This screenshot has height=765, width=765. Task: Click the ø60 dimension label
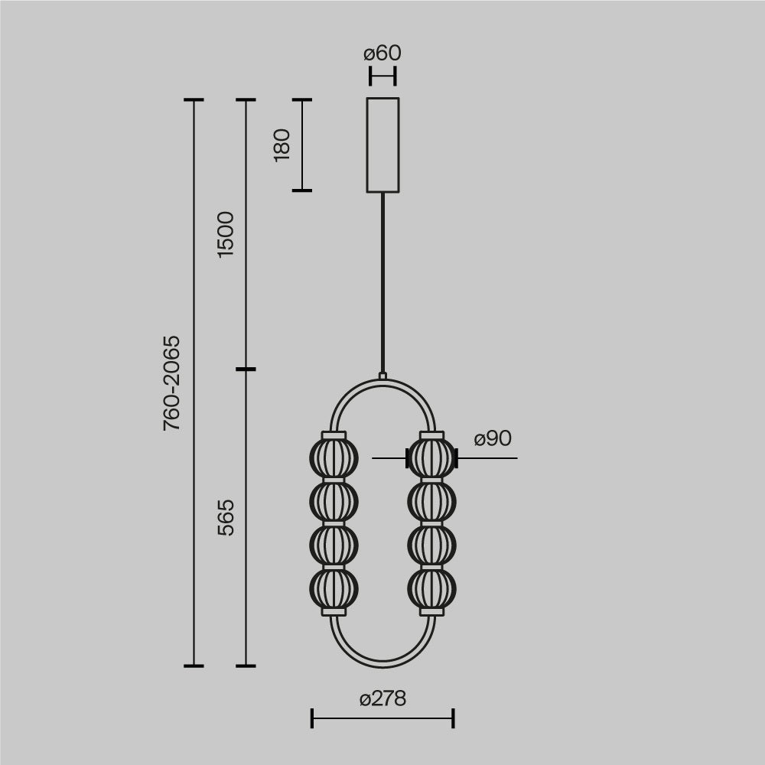[x=382, y=54]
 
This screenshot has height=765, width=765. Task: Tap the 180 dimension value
[x=282, y=145]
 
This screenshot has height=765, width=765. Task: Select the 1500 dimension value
[x=226, y=234]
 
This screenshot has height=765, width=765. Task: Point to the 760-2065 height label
[x=172, y=382]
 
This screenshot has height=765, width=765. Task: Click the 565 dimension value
[x=226, y=517]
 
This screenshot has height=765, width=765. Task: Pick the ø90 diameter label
[x=492, y=439]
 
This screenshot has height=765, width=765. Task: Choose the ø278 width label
[x=382, y=698]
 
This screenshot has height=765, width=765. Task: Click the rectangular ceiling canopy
[x=382, y=145]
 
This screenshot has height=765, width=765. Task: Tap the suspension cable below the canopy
[x=382, y=283]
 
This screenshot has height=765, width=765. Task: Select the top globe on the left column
[x=334, y=458]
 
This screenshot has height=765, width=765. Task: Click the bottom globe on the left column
[x=334, y=589]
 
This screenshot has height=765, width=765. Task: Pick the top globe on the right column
[x=431, y=458]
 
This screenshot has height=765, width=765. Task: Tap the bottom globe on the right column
[x=431, y=589]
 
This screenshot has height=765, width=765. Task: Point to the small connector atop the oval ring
[x=382, y=376]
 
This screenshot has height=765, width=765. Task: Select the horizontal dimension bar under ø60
[x=382, y=76]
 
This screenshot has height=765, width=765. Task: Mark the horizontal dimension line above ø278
[x=382, y=718]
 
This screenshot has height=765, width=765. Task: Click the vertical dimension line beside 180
[x=302, y=145]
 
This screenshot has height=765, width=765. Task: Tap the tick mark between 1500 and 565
[x=246, y=369]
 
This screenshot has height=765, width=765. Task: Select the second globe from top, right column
[x=431, y=502]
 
